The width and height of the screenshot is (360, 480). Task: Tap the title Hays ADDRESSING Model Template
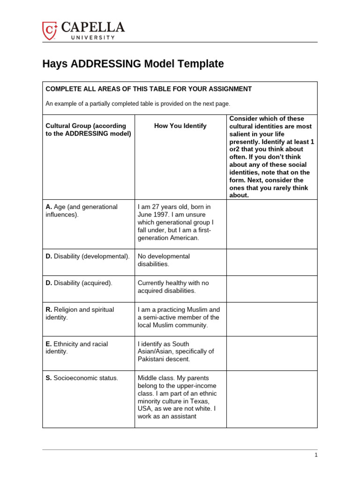click(133, 64)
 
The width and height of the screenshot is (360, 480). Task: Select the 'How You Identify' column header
click(180, 126)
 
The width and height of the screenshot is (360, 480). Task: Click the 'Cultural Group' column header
click(86, 130)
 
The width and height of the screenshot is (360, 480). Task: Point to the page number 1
click(316, 455)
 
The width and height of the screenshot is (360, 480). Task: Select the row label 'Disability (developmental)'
click(87, 256)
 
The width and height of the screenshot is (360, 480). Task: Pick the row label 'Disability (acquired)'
click(79, 283)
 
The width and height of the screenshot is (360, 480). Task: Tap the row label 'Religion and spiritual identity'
click(80, 314)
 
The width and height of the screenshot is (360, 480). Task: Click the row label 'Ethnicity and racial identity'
click(77, 348)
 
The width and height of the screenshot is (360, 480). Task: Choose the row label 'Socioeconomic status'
click(82, 378)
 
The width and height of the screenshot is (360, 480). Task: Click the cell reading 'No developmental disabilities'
click(164, 260)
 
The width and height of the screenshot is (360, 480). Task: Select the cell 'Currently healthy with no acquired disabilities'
click(173, 287)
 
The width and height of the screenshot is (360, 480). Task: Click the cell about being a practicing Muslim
click(178, 317)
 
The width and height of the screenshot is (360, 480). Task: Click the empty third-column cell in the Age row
click(272, 224)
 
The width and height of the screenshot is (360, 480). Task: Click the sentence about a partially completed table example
click(138, 104)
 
